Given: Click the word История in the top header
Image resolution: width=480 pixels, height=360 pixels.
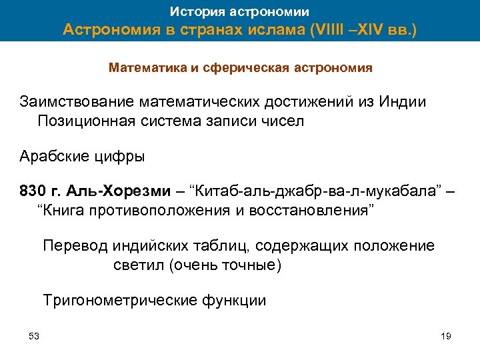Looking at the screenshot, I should coord(193,11).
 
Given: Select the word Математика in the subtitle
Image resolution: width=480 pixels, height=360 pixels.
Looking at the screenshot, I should coord(142,68).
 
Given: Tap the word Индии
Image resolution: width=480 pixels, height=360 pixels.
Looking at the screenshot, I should coord(402,102).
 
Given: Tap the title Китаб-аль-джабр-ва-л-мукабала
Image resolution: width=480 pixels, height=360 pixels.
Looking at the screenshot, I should coord(316,193).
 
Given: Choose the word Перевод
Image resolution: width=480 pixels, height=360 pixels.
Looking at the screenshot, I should coord(71,246).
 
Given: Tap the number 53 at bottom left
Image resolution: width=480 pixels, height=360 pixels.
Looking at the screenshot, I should coord(34,335).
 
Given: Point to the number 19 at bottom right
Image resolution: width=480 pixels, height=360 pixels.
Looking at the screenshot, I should coord(446,335).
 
